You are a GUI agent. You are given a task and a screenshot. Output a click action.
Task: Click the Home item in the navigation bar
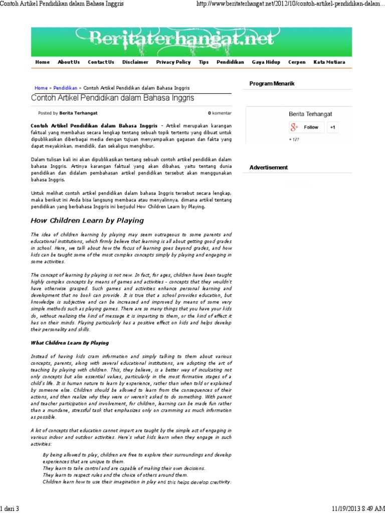43,62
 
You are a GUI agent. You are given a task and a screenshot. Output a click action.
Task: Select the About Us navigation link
69,62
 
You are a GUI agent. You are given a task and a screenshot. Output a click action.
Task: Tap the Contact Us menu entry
101,62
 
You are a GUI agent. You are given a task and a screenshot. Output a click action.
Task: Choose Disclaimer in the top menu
135,62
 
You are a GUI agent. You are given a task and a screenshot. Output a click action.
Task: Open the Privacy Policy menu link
173,62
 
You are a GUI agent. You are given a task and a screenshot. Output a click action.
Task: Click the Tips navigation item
204,62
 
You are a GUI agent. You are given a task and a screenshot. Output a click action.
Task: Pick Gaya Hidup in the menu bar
266,62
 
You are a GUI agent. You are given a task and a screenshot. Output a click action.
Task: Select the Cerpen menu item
297,62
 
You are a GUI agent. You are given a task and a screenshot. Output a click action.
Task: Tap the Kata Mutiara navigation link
329,62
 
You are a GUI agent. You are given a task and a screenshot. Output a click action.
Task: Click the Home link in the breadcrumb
41,88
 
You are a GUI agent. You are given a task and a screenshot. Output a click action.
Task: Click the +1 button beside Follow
332,127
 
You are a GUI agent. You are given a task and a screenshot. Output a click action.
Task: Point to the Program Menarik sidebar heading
272,83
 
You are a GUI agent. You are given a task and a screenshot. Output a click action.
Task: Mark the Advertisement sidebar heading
269,167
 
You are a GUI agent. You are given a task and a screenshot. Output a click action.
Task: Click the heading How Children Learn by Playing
87,220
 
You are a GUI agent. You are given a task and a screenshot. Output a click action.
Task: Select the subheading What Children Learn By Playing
70,343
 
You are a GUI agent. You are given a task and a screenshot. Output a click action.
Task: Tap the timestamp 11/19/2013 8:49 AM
358,508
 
